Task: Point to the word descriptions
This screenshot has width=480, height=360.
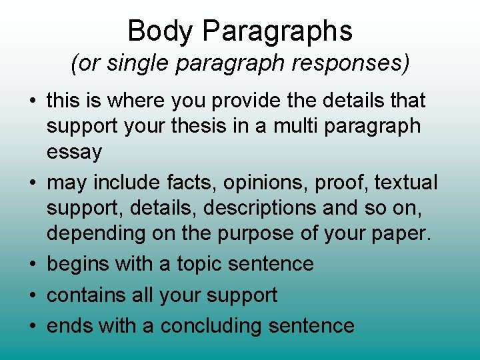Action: [260, 209]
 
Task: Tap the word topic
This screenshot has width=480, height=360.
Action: [199, 264]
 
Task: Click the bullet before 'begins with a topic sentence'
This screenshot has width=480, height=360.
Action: [32, 264]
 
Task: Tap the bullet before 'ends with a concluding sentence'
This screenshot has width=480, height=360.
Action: [32, 326]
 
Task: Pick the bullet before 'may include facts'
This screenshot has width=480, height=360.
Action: [32, 183]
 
